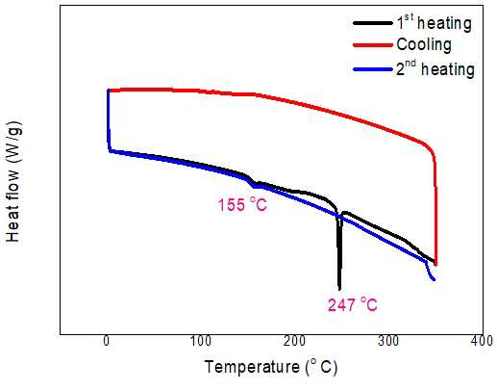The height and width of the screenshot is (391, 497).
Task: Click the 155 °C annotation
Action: point(242,204)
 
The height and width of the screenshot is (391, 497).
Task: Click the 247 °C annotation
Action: point(353,304)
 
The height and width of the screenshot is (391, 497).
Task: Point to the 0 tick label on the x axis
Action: point(107,341)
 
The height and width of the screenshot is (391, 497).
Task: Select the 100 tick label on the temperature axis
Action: point(201,341)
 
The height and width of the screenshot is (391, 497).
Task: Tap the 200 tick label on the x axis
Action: point(294,341)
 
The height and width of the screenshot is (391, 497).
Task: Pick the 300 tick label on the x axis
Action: point(388,341)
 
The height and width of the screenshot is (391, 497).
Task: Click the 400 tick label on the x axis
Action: point(482,341)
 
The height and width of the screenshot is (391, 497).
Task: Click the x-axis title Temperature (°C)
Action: point(271,367)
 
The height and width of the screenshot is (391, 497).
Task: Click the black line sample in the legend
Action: point(373,23)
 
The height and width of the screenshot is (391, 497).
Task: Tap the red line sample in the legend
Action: point(373,45)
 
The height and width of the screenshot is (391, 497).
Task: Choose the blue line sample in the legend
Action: point(373,69)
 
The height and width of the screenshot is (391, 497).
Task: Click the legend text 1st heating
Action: point(434,22)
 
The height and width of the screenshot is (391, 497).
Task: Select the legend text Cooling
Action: point(424,44)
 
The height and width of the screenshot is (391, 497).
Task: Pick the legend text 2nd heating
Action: point(435,68)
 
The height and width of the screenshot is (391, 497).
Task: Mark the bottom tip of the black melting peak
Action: point(339,289)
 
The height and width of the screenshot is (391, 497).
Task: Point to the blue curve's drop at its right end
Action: point(430,272)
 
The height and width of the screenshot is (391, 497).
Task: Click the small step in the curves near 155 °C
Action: point(252,182)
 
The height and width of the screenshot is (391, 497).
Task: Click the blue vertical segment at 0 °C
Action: point(109,120)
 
